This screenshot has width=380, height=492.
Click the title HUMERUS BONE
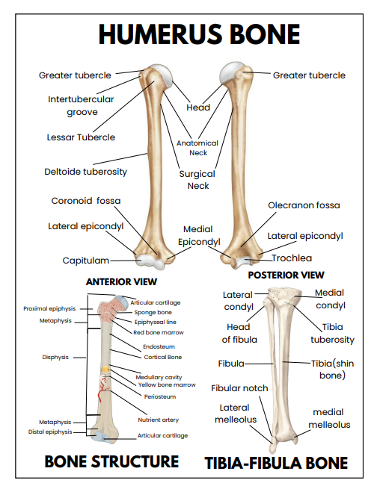[199, 34]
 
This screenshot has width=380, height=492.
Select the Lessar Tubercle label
[80, 137]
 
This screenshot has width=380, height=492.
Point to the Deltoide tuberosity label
[85, 172]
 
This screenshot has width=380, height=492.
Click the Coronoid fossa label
[85, 201]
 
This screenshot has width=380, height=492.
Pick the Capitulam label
[86, 261]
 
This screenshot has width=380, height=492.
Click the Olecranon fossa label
[303, 205]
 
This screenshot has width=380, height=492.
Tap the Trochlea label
[291, 258]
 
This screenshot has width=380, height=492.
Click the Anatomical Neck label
[197, 148]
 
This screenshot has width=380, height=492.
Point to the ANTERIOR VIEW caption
[121, 282]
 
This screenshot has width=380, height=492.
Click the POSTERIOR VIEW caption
[286, 275]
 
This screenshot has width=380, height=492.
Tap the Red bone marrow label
[158, 332]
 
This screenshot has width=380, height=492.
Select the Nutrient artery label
[158, 420]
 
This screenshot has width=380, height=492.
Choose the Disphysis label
[55, 357]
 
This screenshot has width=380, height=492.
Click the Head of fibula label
[239, 333]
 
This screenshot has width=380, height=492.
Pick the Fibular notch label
[239, 388]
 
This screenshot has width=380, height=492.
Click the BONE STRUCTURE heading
[111, 461]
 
